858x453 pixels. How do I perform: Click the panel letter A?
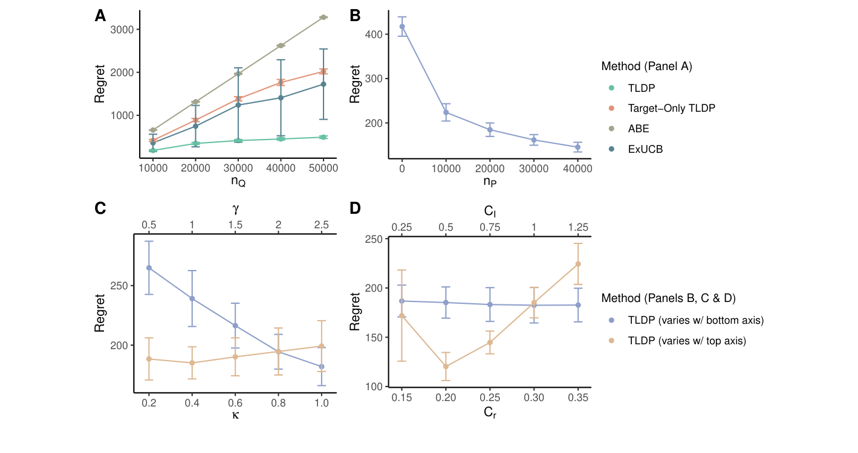[x=100, y=16]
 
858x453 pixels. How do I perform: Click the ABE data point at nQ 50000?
[x=323, y=17]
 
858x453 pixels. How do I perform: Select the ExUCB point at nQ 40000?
[x=281, y=98]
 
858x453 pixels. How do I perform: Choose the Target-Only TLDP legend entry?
[x=671, y=108]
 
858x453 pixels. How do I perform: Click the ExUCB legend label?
[x=645, y=149]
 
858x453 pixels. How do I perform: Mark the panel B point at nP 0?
[x=402, y=27]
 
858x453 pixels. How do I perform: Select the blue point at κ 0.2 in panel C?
[x=149, y=268]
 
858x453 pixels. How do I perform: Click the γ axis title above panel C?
[x=235, y=209]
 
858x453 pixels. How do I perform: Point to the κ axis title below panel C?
[x=235, y=416]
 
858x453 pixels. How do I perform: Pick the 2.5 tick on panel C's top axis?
[x=322, y=225]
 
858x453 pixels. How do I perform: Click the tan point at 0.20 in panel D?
[x=446, y=367]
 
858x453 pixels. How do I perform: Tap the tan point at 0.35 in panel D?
[x=578, y=264]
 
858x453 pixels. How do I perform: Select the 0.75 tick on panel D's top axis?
[x=490, y=227]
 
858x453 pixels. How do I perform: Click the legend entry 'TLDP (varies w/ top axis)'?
[x=687, y=341]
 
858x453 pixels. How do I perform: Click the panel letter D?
[x=356, y=208]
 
